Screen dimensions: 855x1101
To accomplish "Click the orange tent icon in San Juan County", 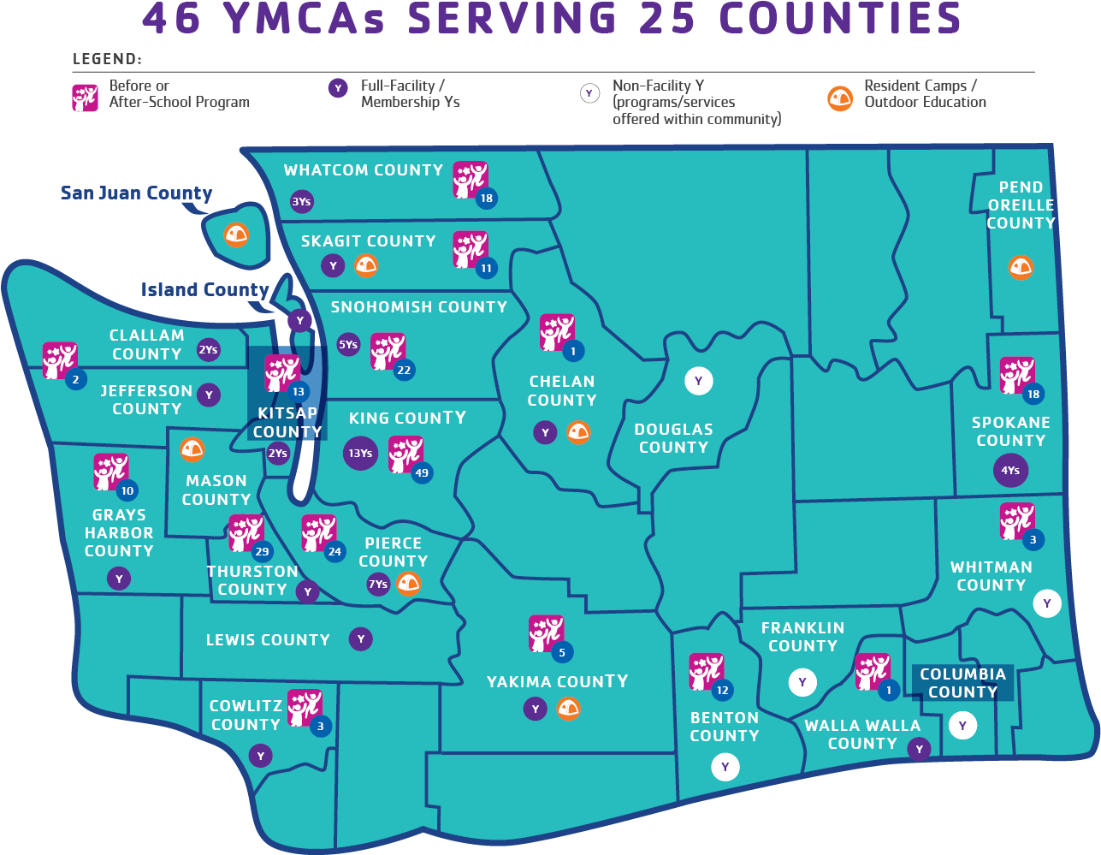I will [236, 234].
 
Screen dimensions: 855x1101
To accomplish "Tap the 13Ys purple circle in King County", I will [360, 453].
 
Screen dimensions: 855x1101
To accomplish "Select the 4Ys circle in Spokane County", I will [1010, 470].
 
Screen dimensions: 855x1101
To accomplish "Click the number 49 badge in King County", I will [421, 472].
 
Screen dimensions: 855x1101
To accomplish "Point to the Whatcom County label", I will [364, 170].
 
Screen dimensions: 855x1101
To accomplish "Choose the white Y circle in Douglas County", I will [698, 381].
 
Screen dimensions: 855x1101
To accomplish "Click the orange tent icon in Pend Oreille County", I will [1020, 267].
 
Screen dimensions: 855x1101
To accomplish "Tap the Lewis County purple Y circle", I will [361, 638].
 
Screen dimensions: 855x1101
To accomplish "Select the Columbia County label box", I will [962, 683].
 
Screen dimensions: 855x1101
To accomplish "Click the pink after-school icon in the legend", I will [86, 98].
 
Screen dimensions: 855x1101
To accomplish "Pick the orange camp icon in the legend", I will [840, 98].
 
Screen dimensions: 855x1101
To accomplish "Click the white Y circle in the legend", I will [589, 93].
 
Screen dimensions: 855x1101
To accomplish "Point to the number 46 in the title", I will [171, 19].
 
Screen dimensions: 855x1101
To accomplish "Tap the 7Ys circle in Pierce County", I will [377, 585].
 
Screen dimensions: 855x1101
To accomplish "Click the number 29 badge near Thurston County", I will [262, 551].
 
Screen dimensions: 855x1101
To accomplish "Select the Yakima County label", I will [557, 682].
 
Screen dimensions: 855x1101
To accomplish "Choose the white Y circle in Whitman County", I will [1046, 603].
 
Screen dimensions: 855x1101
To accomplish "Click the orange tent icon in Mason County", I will [192, 449].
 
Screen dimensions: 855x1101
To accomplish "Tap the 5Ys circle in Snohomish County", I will [348, 345].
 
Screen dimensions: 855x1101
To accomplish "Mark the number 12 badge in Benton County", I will [723, 690].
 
